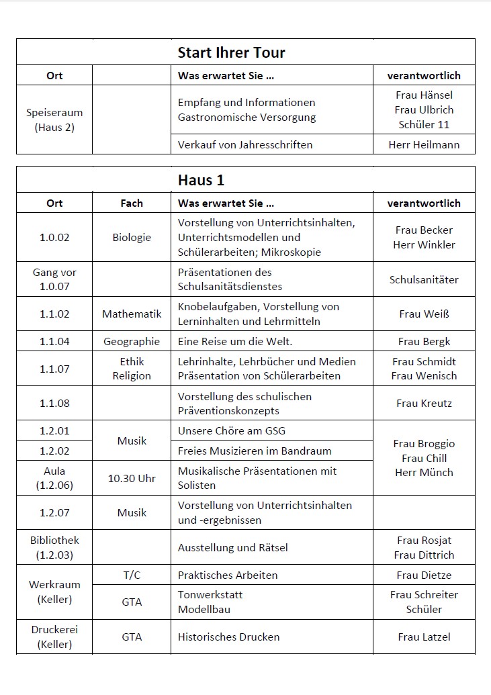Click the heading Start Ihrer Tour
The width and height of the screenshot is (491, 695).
(x=231, y=52)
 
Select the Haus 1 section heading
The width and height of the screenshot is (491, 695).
(x=201, y=180)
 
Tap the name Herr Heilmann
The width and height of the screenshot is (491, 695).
(x=424, y=144)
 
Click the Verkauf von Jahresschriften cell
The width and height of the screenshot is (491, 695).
(x=245, y=144)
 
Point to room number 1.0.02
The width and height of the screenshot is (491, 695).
(x=54, y=237)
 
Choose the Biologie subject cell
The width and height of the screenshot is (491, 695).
(x=132, y=237)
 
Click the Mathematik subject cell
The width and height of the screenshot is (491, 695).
(x=132, y=314)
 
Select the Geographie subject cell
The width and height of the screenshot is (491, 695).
(x=132, y=341)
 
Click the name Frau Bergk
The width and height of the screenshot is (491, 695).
(x=424, y=341)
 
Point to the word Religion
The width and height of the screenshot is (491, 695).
(x=132, y=376)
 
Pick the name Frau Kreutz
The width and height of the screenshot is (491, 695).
(x=424, y=403)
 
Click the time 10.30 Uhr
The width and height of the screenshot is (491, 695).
(x=132, y=478)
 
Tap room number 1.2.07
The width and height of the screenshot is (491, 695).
(x=54, y=512)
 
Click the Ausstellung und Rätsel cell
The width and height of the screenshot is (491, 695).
(x=232, y=547)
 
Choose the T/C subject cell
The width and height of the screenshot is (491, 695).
(x=132, y=575)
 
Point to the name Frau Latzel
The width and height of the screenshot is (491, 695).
(x=424, y=637)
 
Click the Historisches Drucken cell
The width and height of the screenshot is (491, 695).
(x=228, y=637)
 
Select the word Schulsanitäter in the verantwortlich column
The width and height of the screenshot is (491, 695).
(x=424, y=279)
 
